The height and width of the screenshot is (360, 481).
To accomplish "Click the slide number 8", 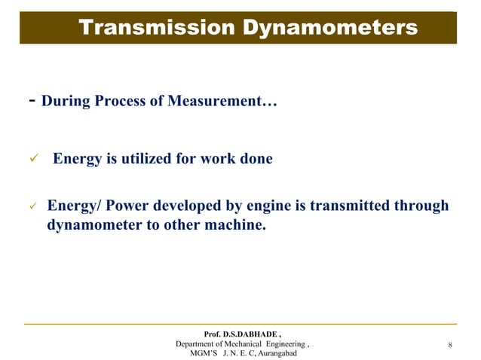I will pyautogui.click(x=449, y=346).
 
